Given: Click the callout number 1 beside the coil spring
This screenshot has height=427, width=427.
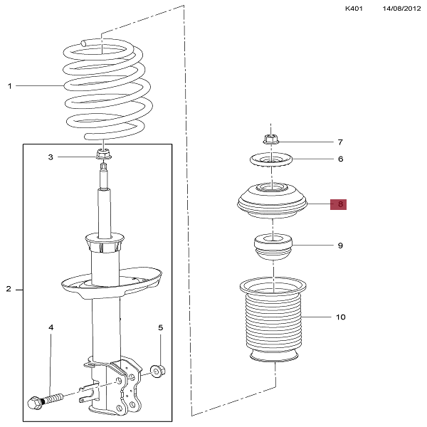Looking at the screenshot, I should click(x=10, y=86).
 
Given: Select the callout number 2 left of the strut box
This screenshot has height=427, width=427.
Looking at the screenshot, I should click(x=9, y=290).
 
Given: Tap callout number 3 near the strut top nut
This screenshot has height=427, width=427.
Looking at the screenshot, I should click(x=51, y=157).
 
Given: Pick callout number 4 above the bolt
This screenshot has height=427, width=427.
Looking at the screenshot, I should click(x=51, y=327).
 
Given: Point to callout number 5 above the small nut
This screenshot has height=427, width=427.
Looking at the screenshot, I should click(x=160, y=327).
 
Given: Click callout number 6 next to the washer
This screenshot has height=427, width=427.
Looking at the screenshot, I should click(x=340, y=159).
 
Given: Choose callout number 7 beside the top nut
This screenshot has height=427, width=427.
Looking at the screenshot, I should click(x=340, y=142).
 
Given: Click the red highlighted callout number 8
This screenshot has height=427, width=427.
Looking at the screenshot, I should click(x=340, y=205).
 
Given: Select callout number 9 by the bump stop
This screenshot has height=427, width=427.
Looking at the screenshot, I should click(x=340, y=246).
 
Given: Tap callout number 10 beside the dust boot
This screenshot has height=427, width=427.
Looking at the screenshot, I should click(x=340, y=317).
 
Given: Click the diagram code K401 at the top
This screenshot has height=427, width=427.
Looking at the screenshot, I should click(x=354, y=9).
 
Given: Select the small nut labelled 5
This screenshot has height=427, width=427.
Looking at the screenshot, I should click(x=159, y=370).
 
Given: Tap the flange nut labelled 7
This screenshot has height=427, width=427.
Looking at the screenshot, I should click(x=270, y=139).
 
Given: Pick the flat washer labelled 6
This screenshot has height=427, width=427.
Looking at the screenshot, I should click(x=270, y=162).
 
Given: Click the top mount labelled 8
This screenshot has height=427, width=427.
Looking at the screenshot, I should click(x=272, y=203).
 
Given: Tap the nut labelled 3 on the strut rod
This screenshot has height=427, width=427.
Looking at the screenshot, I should click(x=102, y=154).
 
